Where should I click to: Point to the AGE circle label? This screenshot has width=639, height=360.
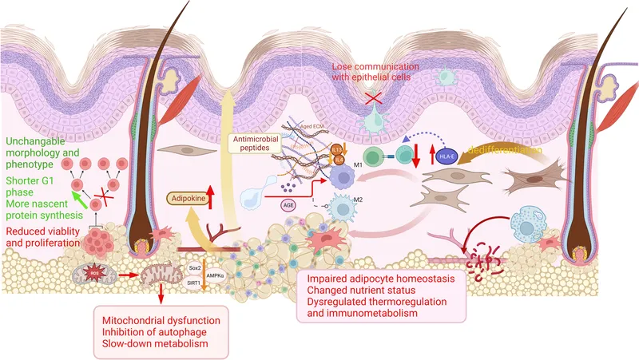(x=288, y=204)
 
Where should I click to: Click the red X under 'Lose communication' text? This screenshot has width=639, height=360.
(x=372, y=97)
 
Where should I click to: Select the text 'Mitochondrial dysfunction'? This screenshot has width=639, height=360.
(x=151, y=320)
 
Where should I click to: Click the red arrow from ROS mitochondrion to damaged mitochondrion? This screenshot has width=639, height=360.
(x=126, y=279)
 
